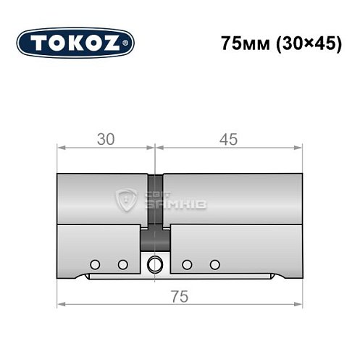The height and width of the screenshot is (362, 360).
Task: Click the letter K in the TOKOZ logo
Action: [77, 43]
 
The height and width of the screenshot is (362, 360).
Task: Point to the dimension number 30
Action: [106, 140]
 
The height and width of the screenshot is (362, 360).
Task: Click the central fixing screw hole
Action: [154, 264]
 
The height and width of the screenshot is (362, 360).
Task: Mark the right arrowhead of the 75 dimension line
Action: [298, 303]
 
